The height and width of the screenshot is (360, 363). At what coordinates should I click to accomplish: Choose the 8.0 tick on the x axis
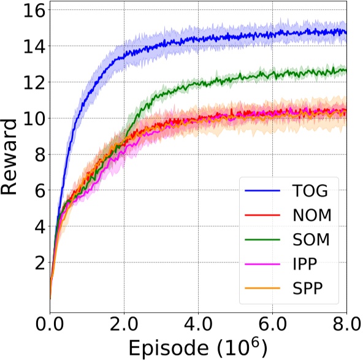(x=346, y=322)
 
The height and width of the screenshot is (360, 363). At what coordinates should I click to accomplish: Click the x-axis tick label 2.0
(x=124, y=322)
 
